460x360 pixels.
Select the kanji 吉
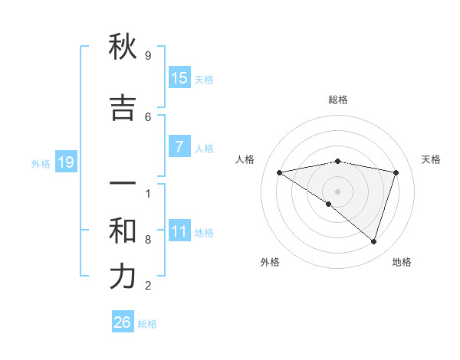pyautogui.click(x=123, y=108)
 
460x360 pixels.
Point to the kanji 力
pyautogui.click(x=123, y=277)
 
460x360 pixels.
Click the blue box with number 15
pyautogui.click(x=179, y=78)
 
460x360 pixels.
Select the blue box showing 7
pyautogui.click(x=179, y=147)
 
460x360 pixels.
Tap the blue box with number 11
pyautogui.click(x=179, y=231)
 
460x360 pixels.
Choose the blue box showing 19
pyautogui.click(x=65, y=162)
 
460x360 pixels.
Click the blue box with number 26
pyautogui.click(x=123, y=322)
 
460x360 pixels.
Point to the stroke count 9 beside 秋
pyautogui.click(x=148, y=56)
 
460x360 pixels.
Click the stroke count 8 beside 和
pyautogui.click(x=148, y=240)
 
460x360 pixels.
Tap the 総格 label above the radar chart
pyautogui.click(x=337, y=100)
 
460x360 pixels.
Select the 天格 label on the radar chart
pyautogui.click(x=431, y=159)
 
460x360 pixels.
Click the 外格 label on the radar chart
pyautogui.click(x=270, y=262)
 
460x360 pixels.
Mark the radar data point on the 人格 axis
pyautogui.click(x=279, y=172)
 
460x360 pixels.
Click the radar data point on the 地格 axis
pyautogui.click(x=373, y=241)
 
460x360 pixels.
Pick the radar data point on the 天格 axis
pyautogui.click(x=396, y=172)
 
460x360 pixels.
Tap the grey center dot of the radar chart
pyautogui.click(x=337, y=191)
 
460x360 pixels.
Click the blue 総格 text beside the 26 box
pyautogui.click(x=147, y=324)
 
